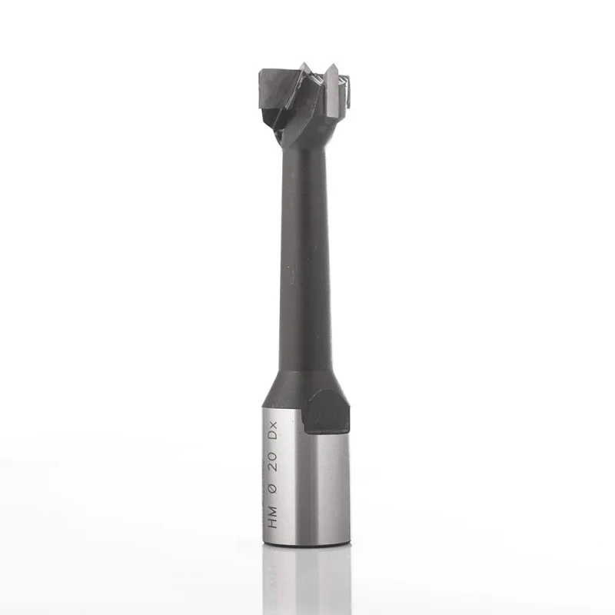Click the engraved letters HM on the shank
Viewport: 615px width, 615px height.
click(x=272, y=517)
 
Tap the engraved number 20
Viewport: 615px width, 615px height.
click(x=272, y=460)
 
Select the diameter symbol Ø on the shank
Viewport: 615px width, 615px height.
click(x=272, y=489)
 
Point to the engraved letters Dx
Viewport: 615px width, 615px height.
click(x=272, y=430)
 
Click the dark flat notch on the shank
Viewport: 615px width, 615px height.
click(x=327, y=412)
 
